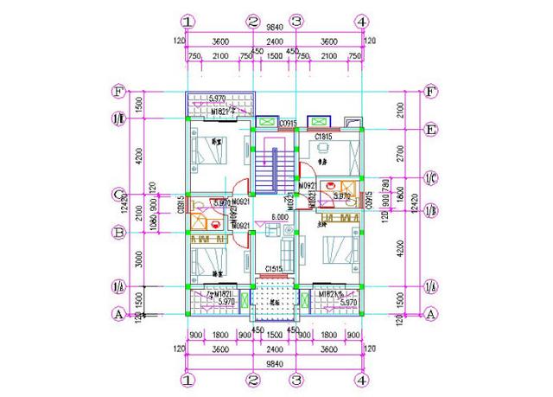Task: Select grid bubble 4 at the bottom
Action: [x=361, y=379]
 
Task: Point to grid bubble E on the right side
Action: [x=429, y=129]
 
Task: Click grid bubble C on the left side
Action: [x=120, y=195]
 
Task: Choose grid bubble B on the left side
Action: [x=120, y=232]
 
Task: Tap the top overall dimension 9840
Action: [x=275, y=29]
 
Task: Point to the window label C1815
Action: [x=324, y=137]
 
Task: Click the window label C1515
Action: [x=275, y=268]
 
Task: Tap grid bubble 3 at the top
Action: [x=296, y=22]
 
